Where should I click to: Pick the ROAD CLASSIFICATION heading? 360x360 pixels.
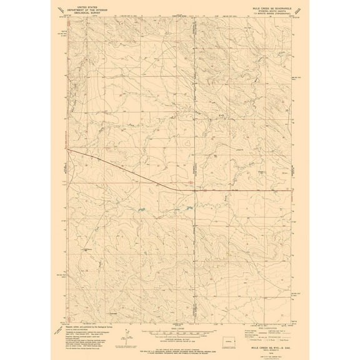click(x=263, y=326)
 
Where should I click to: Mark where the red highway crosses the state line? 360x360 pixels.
click(x=194, y=189)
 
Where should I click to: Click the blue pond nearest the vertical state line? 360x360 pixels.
click(x=187, y=207)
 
